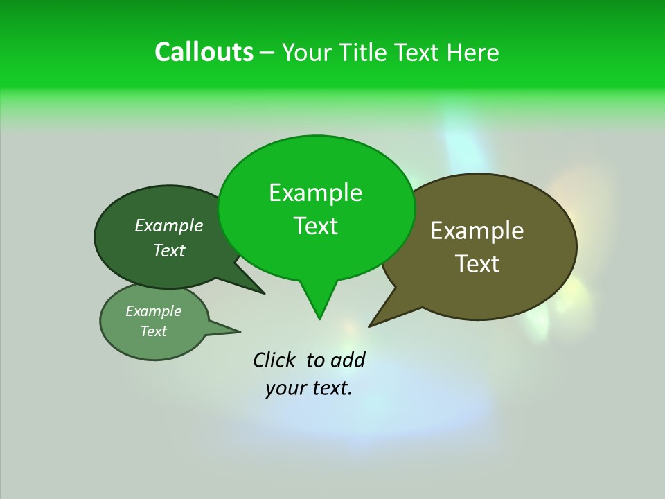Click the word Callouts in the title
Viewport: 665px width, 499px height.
click(204, 52)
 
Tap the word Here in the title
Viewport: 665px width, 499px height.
click(472, 53)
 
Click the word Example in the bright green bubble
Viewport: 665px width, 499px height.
click(315, 193)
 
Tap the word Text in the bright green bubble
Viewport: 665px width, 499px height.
click(315, 226)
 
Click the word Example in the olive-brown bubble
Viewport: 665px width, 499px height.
click(477, 231)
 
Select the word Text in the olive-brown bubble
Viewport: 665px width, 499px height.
click(477, 264)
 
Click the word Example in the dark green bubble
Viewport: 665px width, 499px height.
click(169, 226)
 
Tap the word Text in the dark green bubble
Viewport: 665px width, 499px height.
click(169, 251)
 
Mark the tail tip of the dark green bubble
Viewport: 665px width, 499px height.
click(263, 293)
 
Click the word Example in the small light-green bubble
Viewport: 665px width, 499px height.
click(153, 311)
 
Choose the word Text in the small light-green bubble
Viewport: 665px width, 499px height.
click(153, 331)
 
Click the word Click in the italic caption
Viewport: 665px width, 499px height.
click(275, 360)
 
